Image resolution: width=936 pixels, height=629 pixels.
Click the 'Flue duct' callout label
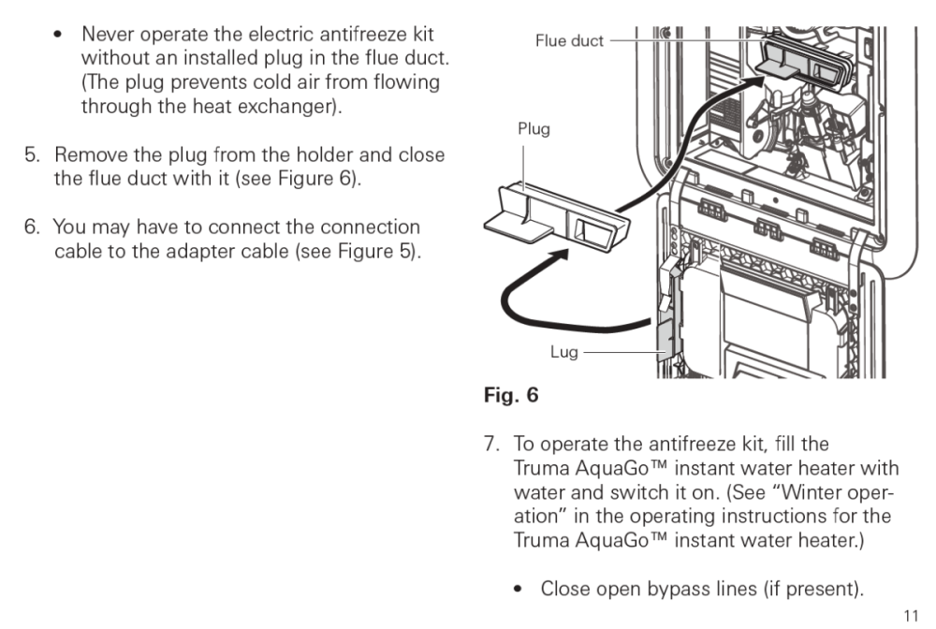[x=569, y=40]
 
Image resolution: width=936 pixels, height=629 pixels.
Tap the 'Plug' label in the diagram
[x=534, y=130]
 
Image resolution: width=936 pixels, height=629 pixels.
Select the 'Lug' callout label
[x=563, y=354]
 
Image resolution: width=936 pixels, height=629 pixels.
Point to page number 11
[x=912, y=615]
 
